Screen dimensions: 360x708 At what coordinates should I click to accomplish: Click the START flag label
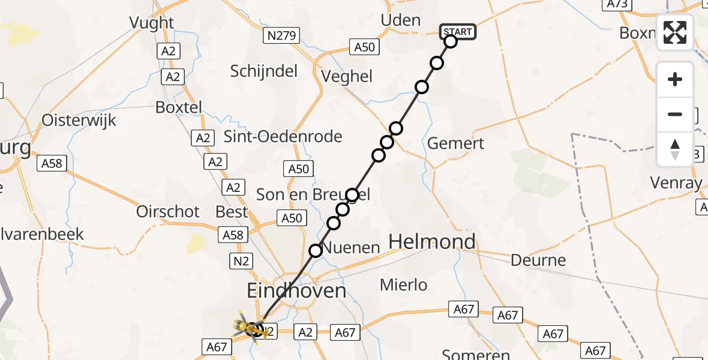458,31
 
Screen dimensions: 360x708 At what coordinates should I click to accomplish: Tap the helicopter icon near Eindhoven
251,328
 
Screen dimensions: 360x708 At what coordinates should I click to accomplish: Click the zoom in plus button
675,79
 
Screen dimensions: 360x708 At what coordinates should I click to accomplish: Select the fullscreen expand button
675,32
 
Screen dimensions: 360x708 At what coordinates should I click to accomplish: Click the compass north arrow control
675,149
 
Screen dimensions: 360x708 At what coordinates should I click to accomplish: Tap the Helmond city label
432,242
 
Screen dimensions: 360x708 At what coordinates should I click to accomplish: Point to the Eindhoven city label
296,292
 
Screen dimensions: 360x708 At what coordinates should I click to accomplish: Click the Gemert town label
455,143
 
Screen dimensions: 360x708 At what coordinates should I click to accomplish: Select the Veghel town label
347,76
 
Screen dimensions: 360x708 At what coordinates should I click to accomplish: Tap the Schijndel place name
264,71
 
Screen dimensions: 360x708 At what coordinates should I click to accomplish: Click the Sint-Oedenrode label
283,136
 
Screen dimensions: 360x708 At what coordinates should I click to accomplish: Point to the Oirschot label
168,211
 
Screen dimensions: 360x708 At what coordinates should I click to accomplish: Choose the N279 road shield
280,37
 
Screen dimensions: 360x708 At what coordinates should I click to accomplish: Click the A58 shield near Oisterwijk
52,163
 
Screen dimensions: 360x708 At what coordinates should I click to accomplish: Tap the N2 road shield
240,260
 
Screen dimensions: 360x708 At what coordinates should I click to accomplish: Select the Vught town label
152,23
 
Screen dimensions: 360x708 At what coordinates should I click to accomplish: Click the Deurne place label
538,260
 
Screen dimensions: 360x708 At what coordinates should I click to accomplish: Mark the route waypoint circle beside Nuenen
316,251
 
